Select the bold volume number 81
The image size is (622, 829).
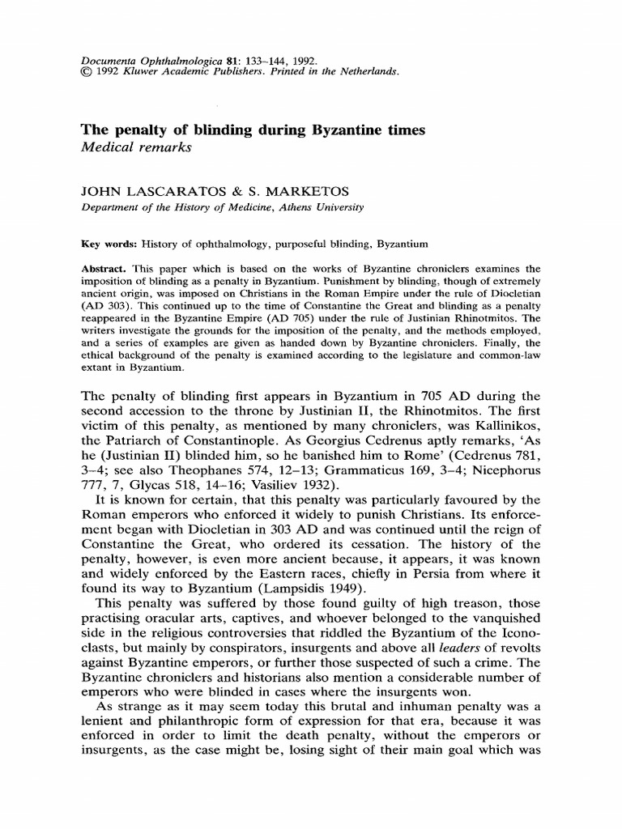pyautogui.click(x=231, y=60)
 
